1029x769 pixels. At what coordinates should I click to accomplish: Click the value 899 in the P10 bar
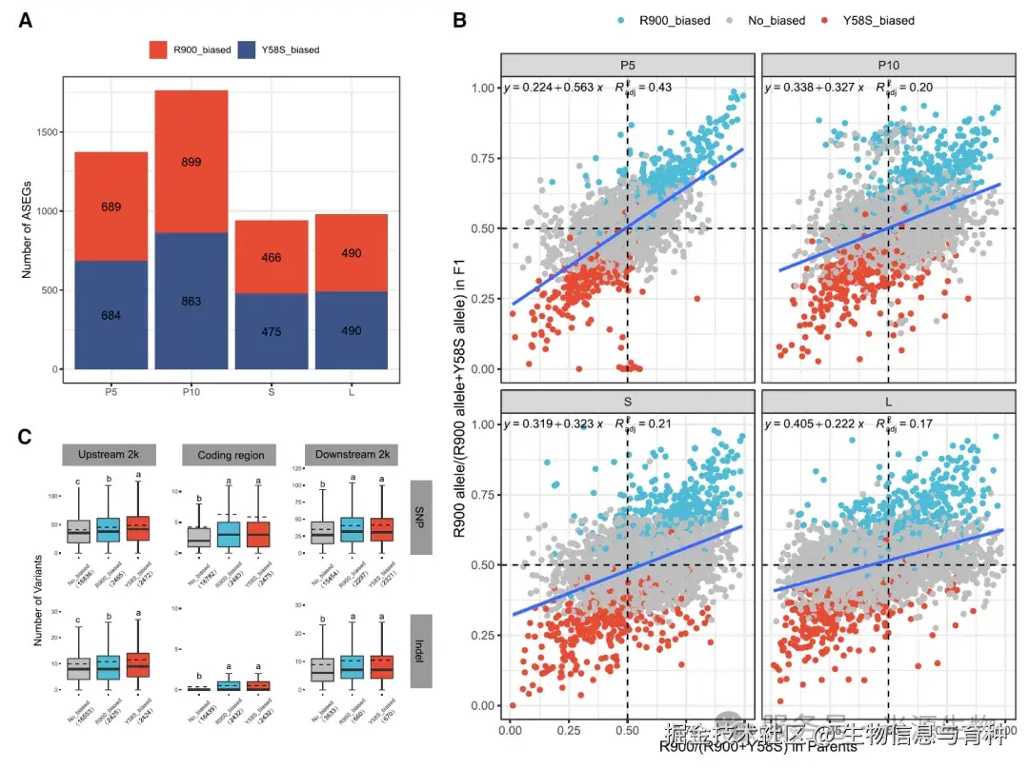coord(191,162)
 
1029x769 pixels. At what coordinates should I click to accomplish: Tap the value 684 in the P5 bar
coord(111,315)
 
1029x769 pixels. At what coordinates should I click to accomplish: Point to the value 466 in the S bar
coord(271,258)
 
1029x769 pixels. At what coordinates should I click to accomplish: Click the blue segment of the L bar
coord(351,330)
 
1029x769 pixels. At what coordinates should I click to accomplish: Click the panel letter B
coord(459,20)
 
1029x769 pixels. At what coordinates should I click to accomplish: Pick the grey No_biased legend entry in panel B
coord(768,20)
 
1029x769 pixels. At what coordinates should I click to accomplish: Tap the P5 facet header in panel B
coord(627,65)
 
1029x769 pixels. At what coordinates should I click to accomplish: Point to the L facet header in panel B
coord(887,402)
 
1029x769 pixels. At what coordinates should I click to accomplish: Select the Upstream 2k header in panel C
coord(102,455)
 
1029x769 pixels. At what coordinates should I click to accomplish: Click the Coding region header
coord(229,455)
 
